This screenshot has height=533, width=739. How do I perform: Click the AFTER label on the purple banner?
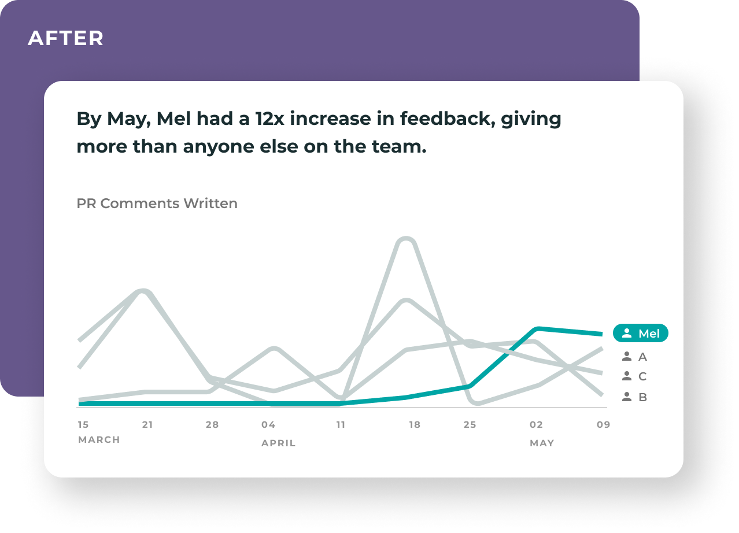[65, 38]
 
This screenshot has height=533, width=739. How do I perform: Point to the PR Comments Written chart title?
[157, 203]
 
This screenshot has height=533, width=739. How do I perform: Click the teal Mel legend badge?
[641, 334]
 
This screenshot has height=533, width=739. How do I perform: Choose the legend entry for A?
[634, 357]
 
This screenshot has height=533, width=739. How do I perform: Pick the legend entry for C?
[634, 377]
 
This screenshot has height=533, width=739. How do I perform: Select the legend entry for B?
[634, 397]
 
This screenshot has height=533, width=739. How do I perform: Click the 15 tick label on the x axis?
[83, 424]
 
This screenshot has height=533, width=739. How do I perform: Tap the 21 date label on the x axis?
[147, 424]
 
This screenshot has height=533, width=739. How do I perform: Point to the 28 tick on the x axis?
[212, 424]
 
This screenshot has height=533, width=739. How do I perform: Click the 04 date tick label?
[268, 424]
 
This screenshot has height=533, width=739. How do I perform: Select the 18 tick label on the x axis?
[415, 424]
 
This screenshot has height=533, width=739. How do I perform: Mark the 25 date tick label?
[470, 424]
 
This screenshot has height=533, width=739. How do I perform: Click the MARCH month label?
[99, 440]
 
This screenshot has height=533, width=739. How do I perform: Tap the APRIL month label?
[278, 443]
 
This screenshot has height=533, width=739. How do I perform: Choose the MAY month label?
[542, 443]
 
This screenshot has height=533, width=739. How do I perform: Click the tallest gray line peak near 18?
[406, 240]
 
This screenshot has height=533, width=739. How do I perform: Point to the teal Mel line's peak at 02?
[538, 329]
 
